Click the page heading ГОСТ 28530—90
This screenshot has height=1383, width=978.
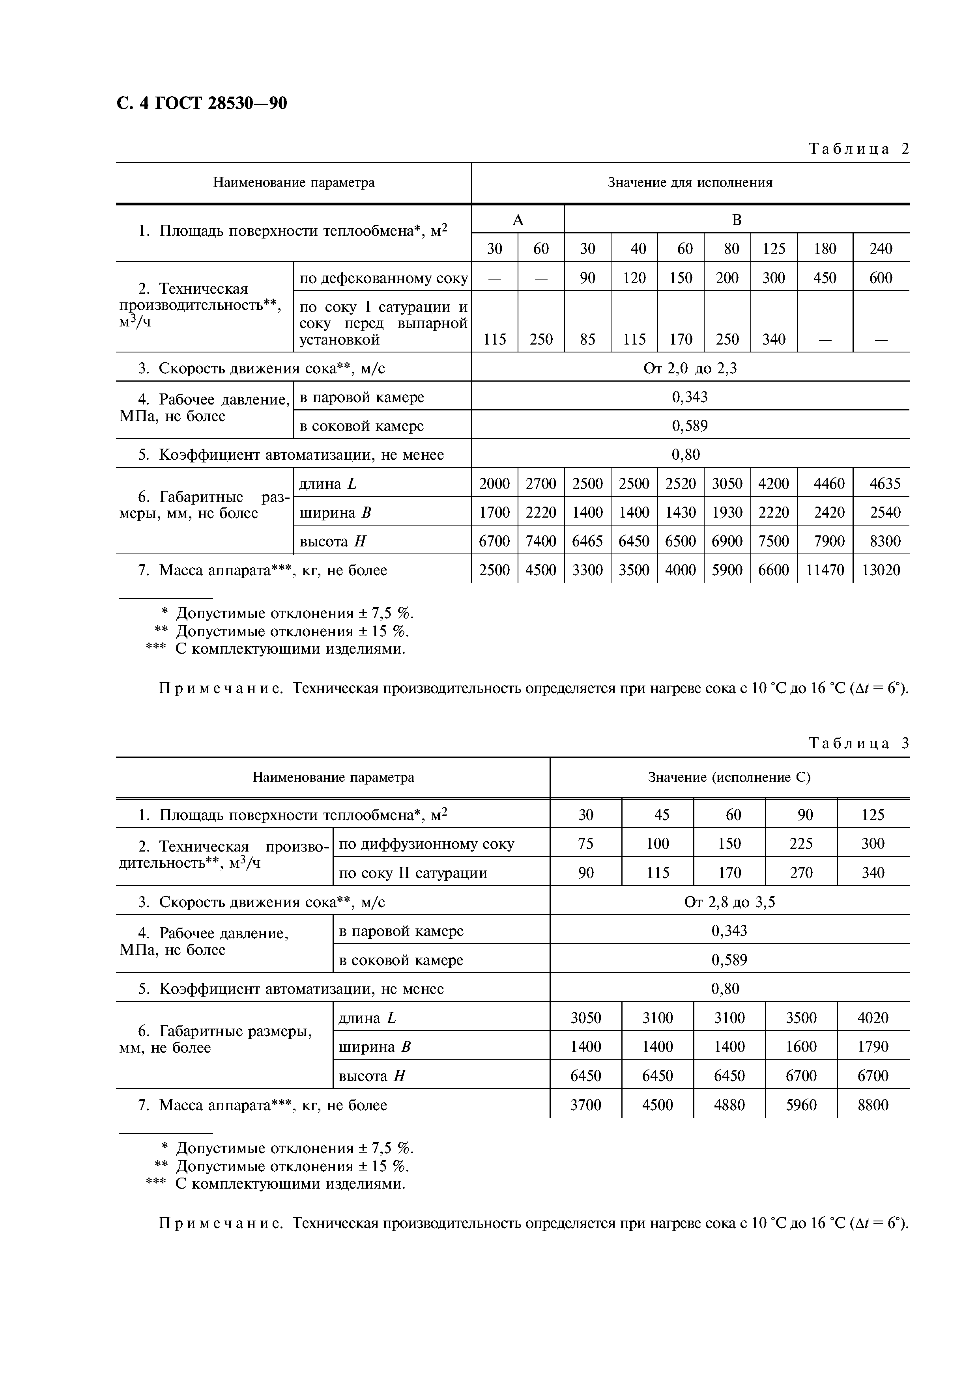[202, 104]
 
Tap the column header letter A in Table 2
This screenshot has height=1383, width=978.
[518, 220]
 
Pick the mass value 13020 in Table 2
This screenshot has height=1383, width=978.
[881, 570]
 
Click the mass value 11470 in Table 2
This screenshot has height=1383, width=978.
[825, 570]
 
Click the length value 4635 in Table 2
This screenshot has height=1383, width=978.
[885, 484]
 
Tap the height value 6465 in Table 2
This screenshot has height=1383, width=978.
[587, 541]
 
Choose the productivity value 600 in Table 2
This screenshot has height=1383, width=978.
[881, 278]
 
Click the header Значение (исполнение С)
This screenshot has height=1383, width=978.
[729, 777]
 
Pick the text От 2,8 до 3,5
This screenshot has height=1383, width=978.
[729, 902]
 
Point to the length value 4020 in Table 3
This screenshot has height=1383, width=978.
[873, 1018]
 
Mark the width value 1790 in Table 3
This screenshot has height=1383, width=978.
[873, 1047]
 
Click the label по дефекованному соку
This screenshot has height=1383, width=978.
[383, 278]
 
